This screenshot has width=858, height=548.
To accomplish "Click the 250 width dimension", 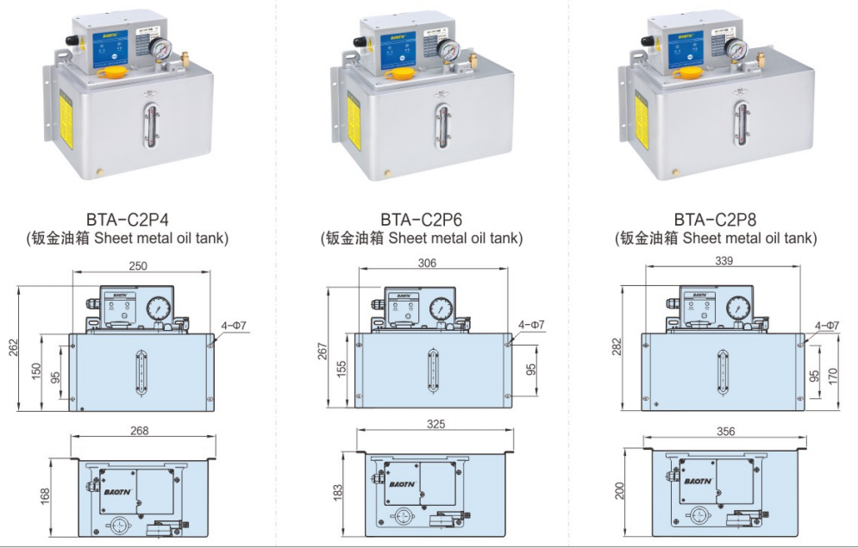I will pyautogui.click(x=139, y=265).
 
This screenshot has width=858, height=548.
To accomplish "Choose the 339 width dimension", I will pyautogui.click(x=723, y=261).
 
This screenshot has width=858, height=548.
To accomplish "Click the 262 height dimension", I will pyautogui.click(x=13, y=347).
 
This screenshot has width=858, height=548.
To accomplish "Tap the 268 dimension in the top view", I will pyautogui.click(x=140, y=430).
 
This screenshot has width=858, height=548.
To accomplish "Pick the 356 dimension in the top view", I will pyautogui.click(x=726, y=431).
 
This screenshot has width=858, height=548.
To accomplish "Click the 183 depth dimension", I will pyautogui.click(x=337, y=492).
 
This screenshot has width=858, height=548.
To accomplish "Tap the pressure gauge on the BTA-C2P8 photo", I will pyautogui.click(x=736, y=50).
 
